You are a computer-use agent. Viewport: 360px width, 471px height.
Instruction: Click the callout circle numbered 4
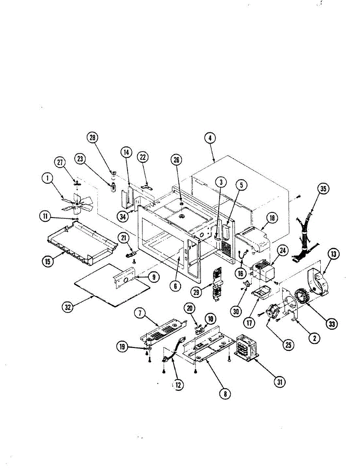tap(210, 138)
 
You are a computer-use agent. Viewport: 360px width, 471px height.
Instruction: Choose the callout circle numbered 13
tap(333, 255)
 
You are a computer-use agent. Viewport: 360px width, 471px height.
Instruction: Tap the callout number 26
tap(177, 159)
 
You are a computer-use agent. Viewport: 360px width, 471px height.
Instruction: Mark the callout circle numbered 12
tap(178, 385)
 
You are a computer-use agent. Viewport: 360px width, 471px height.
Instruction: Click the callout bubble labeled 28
tap(92, 137)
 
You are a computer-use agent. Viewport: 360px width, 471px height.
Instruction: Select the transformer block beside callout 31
tap(247, 346)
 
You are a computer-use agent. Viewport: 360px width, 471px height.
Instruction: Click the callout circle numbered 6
tap(175, 286)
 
